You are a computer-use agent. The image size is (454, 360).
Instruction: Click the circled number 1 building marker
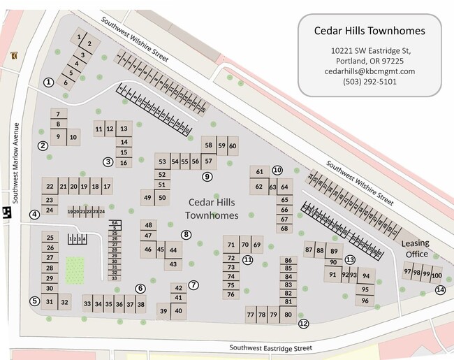[x=48, y=82]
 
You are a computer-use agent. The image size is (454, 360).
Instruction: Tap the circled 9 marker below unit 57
[x=207, y=177]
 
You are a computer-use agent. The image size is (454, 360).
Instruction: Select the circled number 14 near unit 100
[x=440, y=290]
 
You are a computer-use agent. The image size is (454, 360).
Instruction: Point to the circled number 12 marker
[x=303, y=324]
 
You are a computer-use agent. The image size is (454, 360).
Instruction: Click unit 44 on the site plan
[x=173, y=250]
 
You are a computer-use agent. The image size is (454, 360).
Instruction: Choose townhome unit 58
[x=208, y=145]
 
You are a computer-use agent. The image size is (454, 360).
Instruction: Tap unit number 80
[x=288, y=315]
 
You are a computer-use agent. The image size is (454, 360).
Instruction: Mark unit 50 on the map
[x=162, y=199]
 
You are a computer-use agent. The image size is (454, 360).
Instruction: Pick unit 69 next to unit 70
[x=257, y=245]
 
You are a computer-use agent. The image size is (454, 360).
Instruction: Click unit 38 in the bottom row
[x=140, y=305]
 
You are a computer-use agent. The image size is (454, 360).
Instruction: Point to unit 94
[x=365, y=275]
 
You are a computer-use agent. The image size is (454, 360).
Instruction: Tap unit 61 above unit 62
[x=259, y=172]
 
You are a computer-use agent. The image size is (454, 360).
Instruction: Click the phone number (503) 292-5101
[x=369, y=81]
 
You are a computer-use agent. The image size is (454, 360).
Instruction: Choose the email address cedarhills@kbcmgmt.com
[x=369, y=71]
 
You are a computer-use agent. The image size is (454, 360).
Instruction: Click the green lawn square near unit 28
[x=75, y=270]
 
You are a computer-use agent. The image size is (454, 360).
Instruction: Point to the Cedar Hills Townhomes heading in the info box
[x=369, y=30]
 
